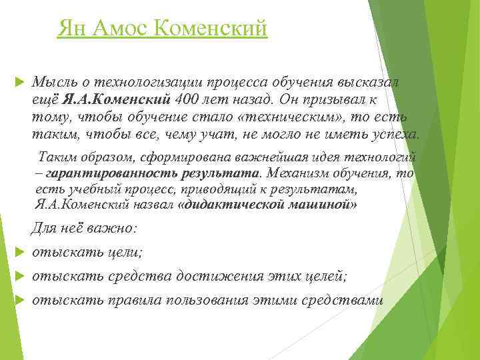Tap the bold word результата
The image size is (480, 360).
pyautogui.click(x=221, y=173)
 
